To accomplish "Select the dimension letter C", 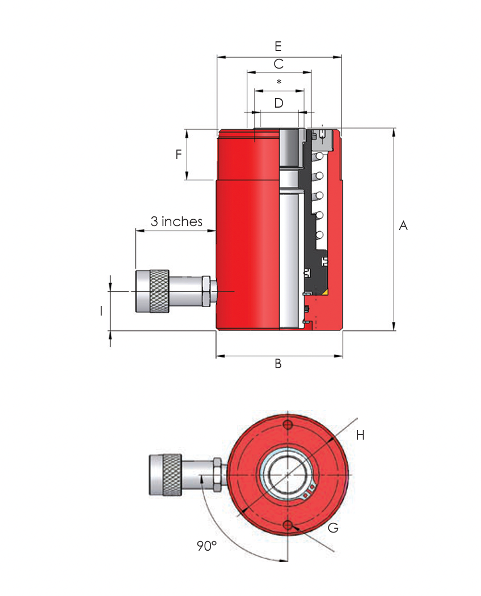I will (x=279, y=64).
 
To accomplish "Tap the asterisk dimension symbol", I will (x=279, y=83).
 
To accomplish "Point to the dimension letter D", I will (x=279, y=103).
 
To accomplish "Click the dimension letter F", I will (x=178, y=154).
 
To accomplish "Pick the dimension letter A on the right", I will (x=403, y=226).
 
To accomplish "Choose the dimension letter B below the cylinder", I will (x=278, y=364).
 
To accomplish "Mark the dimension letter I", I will (x=101, y=310).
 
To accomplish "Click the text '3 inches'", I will (x=176, y=222).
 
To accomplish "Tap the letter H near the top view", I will (x=360, y=435).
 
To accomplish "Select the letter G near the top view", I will (x=334, y=528).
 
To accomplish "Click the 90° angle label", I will (x=206, y=546).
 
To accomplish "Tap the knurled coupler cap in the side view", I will (x=153, y=292).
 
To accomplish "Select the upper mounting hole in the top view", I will (x=289, y=425).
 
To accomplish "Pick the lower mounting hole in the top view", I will (x=289, y=523).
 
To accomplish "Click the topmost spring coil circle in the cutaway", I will (x=320, y=156).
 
